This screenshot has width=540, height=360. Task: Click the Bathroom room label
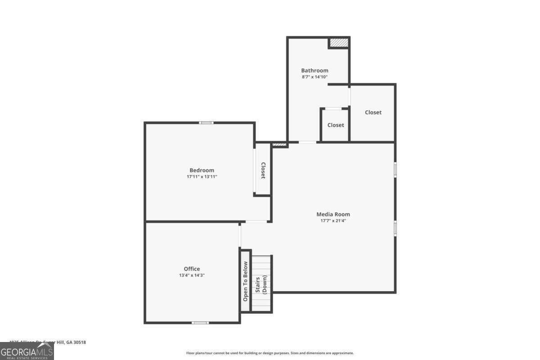315,70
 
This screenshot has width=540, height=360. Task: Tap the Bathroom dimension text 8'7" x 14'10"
315,77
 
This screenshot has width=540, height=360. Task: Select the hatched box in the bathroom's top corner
338,43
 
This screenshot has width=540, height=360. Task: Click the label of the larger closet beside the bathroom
373,112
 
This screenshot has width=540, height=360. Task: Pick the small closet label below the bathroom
336,125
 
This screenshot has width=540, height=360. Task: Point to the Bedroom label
202,170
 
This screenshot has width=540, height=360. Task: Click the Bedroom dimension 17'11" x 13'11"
202,177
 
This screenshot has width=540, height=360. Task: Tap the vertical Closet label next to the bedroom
263,171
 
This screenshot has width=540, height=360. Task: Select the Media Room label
333,214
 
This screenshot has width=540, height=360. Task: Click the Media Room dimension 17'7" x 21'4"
333,220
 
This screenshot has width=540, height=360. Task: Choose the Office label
192,269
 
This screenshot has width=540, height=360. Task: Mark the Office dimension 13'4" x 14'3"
192,275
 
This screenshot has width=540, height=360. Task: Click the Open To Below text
245,281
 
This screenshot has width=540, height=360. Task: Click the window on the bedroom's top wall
206,122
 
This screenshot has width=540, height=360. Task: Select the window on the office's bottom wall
200,322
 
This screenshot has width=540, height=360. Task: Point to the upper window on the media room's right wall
395,170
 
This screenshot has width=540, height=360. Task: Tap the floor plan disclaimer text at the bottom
270,353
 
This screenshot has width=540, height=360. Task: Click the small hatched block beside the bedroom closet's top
279,144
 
